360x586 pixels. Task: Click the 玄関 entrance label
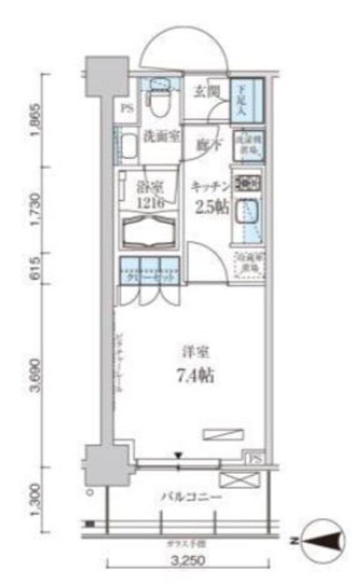[205, 92]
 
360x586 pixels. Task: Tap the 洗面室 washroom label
[161, 136]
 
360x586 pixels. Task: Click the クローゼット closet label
[150, 277]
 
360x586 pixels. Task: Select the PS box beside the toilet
[127, 109]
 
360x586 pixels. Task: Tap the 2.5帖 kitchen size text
[210, 207]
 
